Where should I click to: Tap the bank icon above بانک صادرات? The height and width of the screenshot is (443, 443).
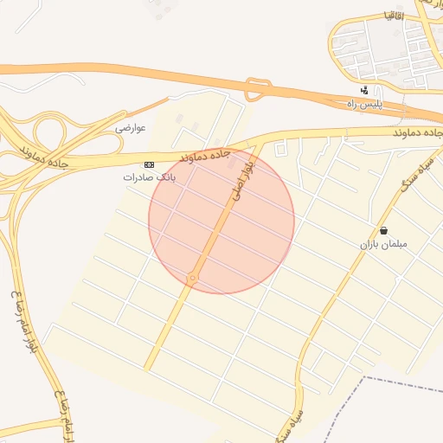click(x=149, y=164)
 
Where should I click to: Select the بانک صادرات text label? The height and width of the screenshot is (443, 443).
click(x=149, y=177)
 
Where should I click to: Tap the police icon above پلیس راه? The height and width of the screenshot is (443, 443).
click(x=364, y=91)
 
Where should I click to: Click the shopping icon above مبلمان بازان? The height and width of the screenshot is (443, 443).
click(x=383, y=231)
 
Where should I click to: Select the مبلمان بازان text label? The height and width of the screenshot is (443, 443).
click(x=383, y=245)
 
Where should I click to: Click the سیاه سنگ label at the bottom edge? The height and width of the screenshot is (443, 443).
click(x=292, y=421)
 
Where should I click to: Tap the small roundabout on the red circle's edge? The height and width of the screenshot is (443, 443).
click(x=193, y=279)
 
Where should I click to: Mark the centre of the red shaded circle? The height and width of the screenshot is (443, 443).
click(x=221, y=221)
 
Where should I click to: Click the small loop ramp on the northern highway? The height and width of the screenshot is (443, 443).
click(x=254, y=89)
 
